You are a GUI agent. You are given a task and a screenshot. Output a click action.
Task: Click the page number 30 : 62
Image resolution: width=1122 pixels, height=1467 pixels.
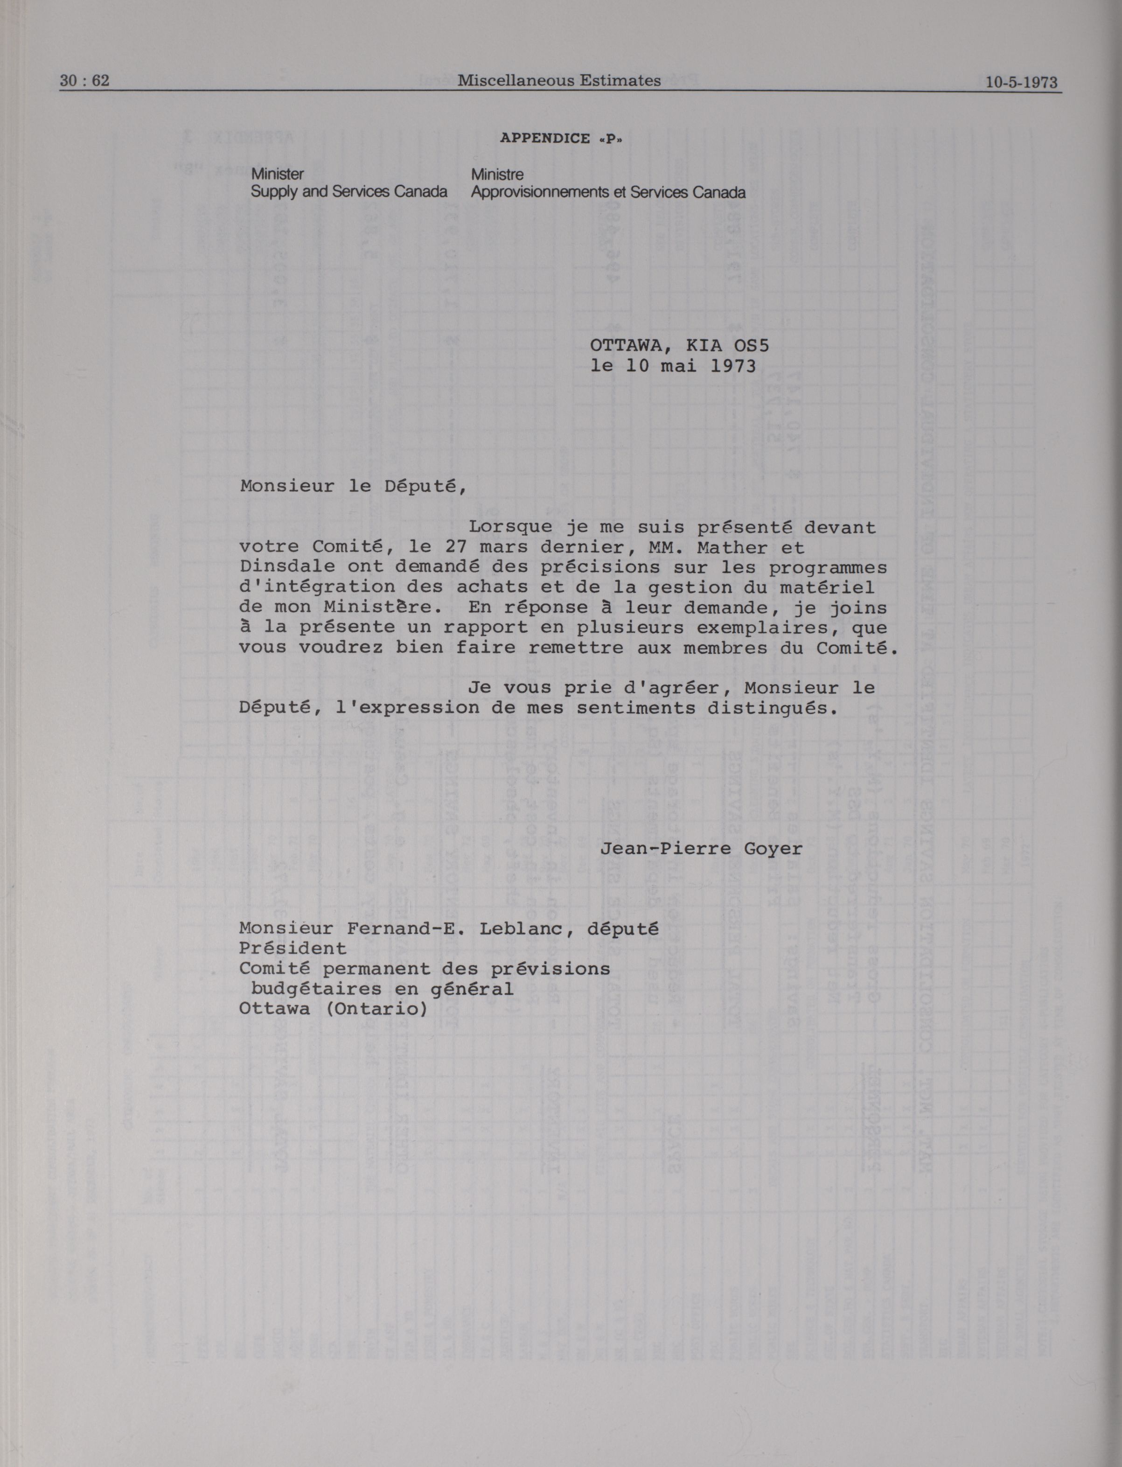pyautogui.click(x=84, y=81)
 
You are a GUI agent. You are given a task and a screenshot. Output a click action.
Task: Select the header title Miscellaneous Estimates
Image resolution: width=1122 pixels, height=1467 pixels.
pyautogui.click(x=559, y=81)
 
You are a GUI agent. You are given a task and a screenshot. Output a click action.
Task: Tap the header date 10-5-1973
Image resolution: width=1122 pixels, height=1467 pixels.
pyautogui.click(x=1021, y=82)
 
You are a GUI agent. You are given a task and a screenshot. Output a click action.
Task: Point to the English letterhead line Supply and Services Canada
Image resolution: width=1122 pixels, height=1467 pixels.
pyautogui.click(x=348, y=192)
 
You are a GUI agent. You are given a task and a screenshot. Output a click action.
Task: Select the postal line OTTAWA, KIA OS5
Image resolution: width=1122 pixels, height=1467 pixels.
pyautogui.click(x=679, y=345)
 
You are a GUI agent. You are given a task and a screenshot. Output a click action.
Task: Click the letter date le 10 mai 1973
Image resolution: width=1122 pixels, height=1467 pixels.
pyautogui.click(x=673, y=366)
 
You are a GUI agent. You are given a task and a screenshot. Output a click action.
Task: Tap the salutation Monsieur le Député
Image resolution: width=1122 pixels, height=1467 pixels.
pyautogui.click(x=353, y=486)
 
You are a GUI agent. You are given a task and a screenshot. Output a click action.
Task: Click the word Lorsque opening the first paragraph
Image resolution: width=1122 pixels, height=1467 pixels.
pyautogui.click(x=510, y=527)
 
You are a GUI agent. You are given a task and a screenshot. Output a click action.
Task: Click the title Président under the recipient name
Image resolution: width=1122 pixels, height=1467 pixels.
pyautogui.click(x=293, y=949)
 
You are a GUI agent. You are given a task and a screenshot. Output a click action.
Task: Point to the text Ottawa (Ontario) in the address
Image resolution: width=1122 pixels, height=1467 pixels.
pyautogui.click(x=333, y=1009)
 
